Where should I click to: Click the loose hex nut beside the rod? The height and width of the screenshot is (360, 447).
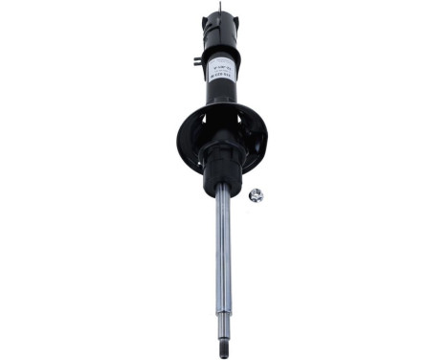coord(256,195)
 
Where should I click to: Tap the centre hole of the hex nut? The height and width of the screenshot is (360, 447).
coord(256,195)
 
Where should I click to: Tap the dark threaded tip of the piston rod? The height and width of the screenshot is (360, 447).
coord(224,343)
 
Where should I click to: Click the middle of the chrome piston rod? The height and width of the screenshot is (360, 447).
coord(223,249)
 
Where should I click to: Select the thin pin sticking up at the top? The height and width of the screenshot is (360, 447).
coord(219,9)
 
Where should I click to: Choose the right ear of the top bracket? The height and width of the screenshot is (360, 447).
coord(235,23)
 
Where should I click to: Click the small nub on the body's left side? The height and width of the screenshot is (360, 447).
coord(196,61)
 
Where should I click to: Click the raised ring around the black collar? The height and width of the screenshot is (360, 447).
coord(222,153)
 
